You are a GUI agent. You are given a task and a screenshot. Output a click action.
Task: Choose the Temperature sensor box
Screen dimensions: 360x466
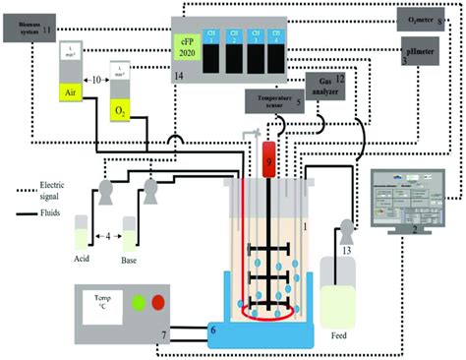click(272, 100)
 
